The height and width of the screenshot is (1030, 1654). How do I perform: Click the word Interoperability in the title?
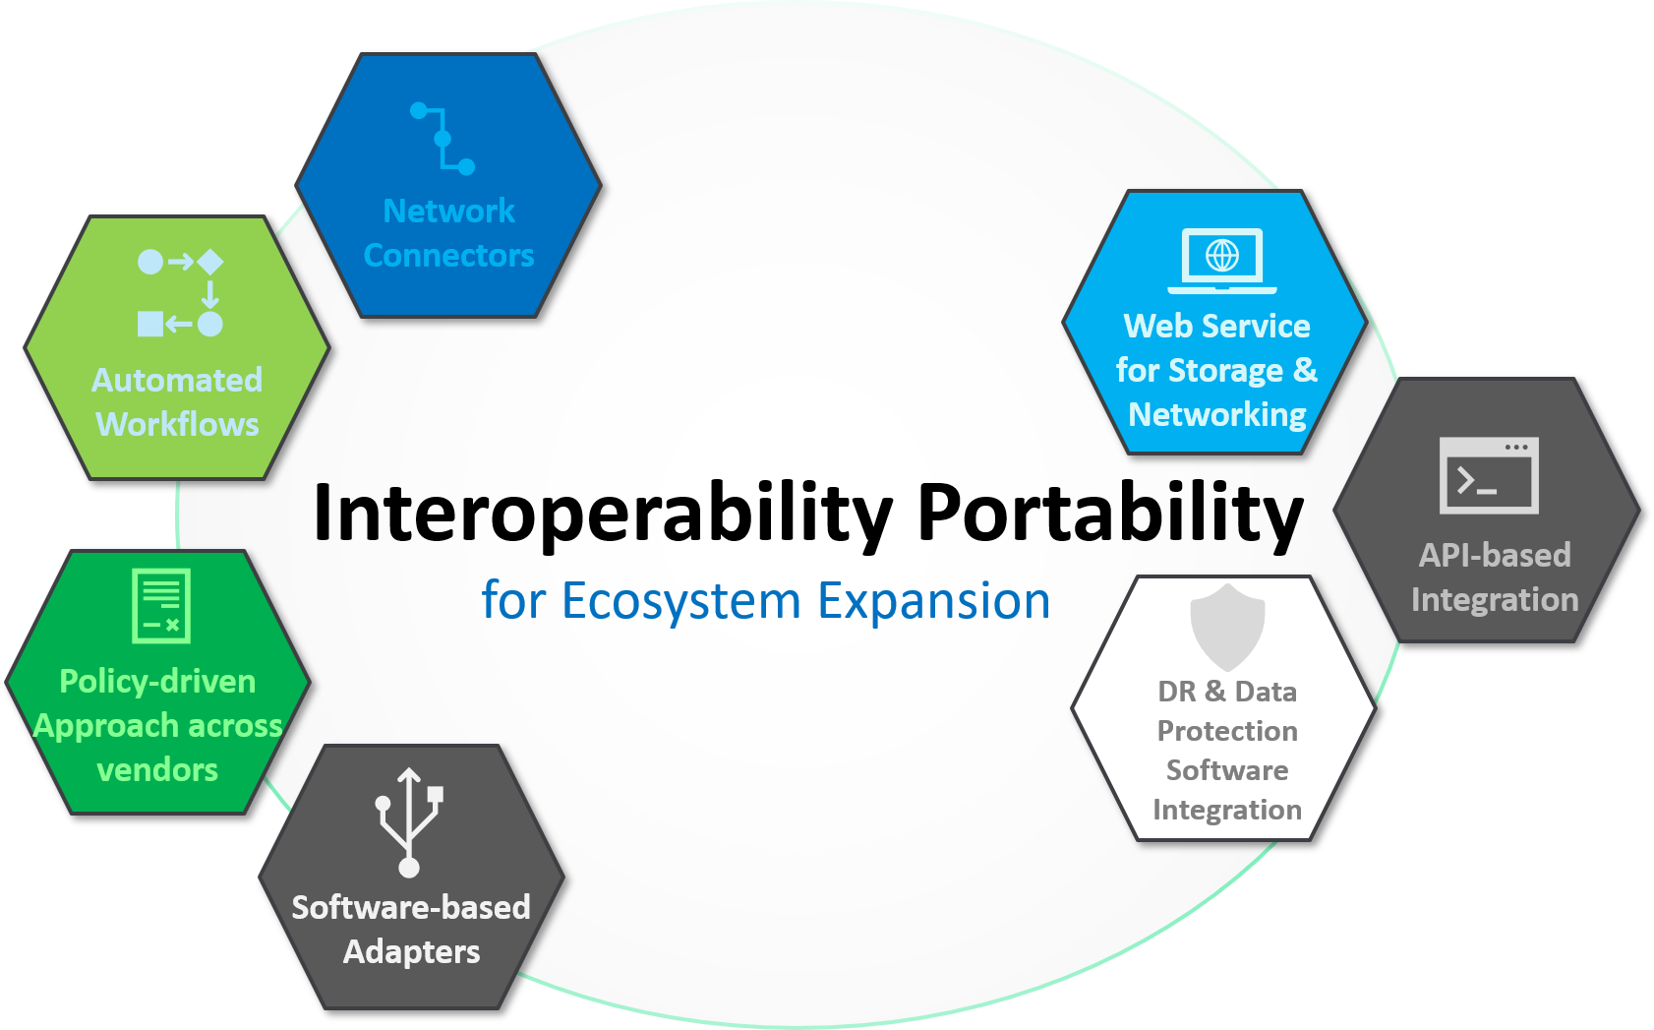(x=602, y=514)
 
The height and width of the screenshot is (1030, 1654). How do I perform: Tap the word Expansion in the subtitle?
(x=933, y=600)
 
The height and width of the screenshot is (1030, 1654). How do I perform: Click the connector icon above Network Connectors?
(x=443, y=139)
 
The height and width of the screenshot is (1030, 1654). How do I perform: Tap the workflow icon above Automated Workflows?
(x=180, y=292)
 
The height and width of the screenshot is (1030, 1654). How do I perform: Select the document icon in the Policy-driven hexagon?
(x=161, y=605)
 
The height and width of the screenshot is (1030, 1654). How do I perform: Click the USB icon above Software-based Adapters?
(x=410, y=821)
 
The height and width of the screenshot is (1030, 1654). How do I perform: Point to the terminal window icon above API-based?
(x=1489, y=475)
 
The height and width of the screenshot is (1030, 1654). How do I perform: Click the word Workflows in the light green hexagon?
(x=178, y=424)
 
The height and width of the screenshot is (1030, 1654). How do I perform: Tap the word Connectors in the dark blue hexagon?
(x=448, y=256)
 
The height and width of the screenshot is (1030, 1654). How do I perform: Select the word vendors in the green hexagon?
(x=157, y=769)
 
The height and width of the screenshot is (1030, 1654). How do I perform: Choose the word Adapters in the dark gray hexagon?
(x=411, y=951)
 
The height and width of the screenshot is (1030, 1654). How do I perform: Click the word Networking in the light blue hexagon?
(x=1217, y=414)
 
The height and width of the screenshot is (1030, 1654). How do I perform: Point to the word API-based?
(x=1495, y=555)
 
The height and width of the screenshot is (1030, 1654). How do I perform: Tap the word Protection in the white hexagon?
(x=1227, y=731)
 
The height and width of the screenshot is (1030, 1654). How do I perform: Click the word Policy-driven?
(x=157, y=681)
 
